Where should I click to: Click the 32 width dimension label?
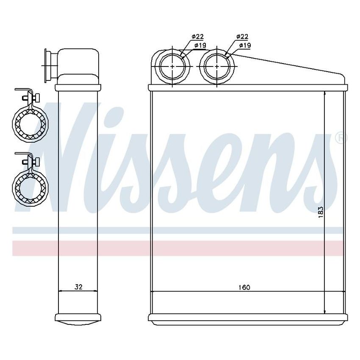pos(78,287)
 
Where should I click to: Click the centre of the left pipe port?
pos(174,66)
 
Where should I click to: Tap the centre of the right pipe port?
pos(217,66)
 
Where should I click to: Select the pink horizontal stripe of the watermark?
pos(178,248)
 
